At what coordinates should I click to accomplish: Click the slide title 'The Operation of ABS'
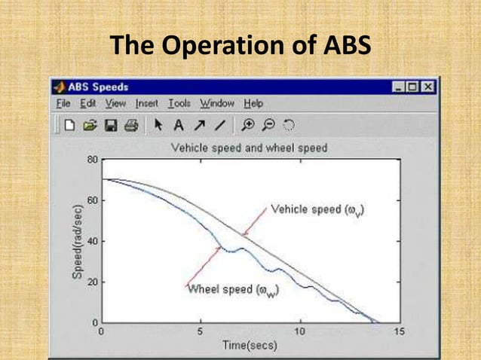[240, 45]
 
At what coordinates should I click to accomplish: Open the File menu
[64, 103]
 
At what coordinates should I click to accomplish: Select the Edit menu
[88, 103]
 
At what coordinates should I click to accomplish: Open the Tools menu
[179, 103]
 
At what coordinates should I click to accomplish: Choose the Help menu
[253, 103]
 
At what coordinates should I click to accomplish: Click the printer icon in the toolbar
[130, 125]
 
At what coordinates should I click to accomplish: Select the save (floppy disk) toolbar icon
[111, 125]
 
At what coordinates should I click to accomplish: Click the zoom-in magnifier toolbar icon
[249, 125]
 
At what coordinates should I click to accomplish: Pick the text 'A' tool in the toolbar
[179, 125]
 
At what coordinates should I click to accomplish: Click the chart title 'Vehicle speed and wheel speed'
[249, 148]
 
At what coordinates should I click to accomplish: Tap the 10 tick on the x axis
[299, 331]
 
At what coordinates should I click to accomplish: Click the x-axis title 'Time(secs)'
[249, 346]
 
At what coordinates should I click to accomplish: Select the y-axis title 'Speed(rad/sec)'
[77, 241]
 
